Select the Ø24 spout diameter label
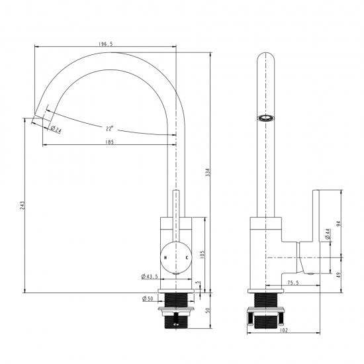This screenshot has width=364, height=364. pyautogui.click(x=56, y=130)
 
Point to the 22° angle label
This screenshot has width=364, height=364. pyautogui.click(x=108, y=128)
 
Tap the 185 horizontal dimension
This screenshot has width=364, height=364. pyautogui.click(x=110, y=142)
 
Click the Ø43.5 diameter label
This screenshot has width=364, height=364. pyautogui.click(x=149, y=277)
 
